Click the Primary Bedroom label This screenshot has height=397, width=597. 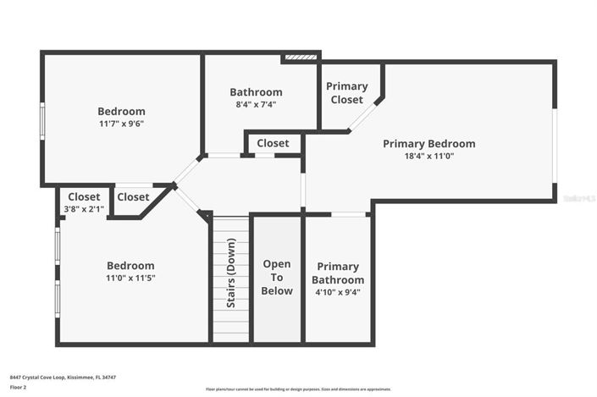428,144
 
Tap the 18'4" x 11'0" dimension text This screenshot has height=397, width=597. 428,156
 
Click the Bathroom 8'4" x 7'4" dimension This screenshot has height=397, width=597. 256,104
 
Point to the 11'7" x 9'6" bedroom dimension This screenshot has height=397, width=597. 121,123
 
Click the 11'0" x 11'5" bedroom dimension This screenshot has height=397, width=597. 130,278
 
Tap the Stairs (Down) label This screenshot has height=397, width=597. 229,277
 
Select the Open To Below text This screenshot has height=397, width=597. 277,278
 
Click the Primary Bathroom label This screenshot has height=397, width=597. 338,273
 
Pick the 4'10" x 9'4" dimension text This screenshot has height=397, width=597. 338,292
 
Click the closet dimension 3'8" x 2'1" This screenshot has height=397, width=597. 84,209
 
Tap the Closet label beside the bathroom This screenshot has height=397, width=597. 273,143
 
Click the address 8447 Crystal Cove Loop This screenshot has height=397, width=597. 63,377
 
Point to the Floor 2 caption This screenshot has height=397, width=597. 19,387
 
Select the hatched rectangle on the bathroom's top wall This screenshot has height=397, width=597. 301,58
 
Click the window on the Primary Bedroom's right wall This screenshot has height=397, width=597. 555,145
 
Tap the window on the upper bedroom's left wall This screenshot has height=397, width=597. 42,120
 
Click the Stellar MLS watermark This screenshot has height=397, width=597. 579,198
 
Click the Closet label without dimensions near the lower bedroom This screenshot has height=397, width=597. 133,197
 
